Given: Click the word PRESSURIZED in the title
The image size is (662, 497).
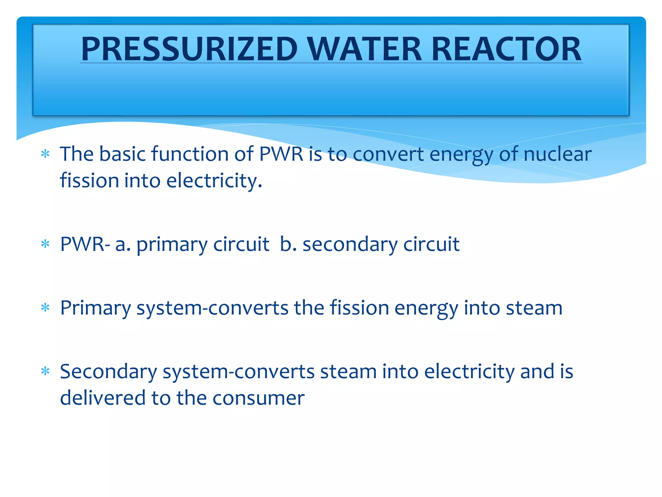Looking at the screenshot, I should (189, 49).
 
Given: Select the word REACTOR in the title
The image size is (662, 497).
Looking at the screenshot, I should (506, 49).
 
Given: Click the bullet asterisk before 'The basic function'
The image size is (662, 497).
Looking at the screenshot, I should (46, 154).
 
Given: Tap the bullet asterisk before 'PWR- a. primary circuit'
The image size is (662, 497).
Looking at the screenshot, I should (46, 244).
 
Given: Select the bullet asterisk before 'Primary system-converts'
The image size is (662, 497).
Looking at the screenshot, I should (46, 308).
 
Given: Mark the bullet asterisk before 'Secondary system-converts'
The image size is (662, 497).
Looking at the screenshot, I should (46, 372).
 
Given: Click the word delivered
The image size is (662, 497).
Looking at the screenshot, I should (102, 398).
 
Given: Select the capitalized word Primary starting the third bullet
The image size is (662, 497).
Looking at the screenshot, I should (95, 308).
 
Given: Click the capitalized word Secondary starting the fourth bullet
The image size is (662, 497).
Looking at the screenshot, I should (108, 372).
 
